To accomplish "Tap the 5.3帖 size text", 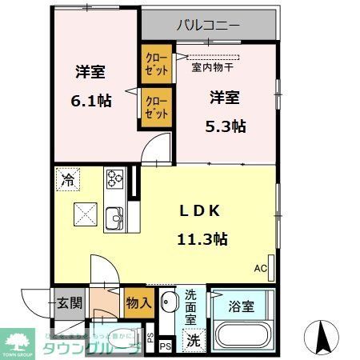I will (227, 126).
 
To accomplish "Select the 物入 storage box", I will (138, 302).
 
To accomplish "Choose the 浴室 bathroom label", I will (241, 305).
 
